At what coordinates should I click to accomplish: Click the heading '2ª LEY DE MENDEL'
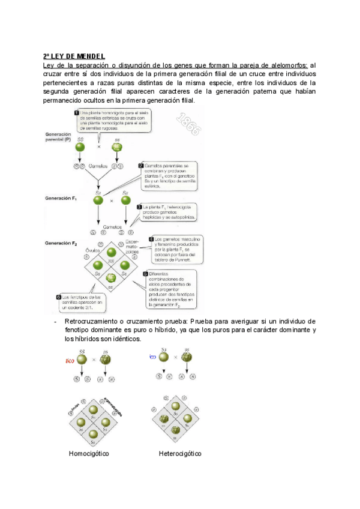[x=75, y=56]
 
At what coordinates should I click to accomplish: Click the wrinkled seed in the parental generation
[x=117, y=147]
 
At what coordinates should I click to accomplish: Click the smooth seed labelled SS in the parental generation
[x=80, y=147]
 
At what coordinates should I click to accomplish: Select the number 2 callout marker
[x=140, y=165]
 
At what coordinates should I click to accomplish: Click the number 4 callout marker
[x=151, y=238]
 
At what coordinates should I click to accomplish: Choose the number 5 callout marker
[x=145, y=274]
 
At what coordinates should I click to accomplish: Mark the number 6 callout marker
[x=58, y=297]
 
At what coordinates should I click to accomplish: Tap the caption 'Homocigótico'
[x=89, y=453]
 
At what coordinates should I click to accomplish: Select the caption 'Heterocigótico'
[x=180, y=453]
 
